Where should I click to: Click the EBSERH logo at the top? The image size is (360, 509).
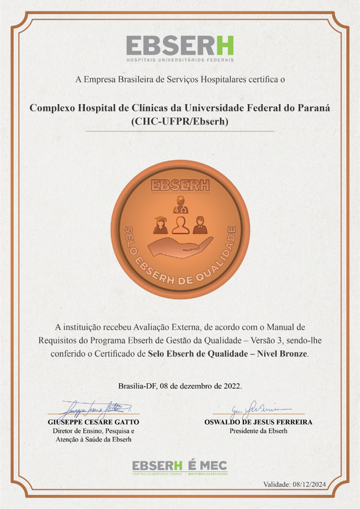pos(180,47)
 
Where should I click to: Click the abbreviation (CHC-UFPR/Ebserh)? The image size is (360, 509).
pos(180,121)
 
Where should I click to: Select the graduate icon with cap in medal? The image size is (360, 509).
pos(160,225)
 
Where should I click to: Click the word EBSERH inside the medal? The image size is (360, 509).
pos(180,185)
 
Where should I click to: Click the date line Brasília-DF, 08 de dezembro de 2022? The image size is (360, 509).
pos(180,386)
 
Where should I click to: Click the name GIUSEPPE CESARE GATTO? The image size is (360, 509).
pos(93,422)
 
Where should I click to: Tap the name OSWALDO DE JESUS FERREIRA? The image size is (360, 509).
pos(257,422)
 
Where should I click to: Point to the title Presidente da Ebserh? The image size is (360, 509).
pos(257,431)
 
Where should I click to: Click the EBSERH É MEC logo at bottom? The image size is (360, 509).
pos(180,467)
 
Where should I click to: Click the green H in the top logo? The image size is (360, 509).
pos(224,45)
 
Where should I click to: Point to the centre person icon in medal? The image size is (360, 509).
pos(180,225)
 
